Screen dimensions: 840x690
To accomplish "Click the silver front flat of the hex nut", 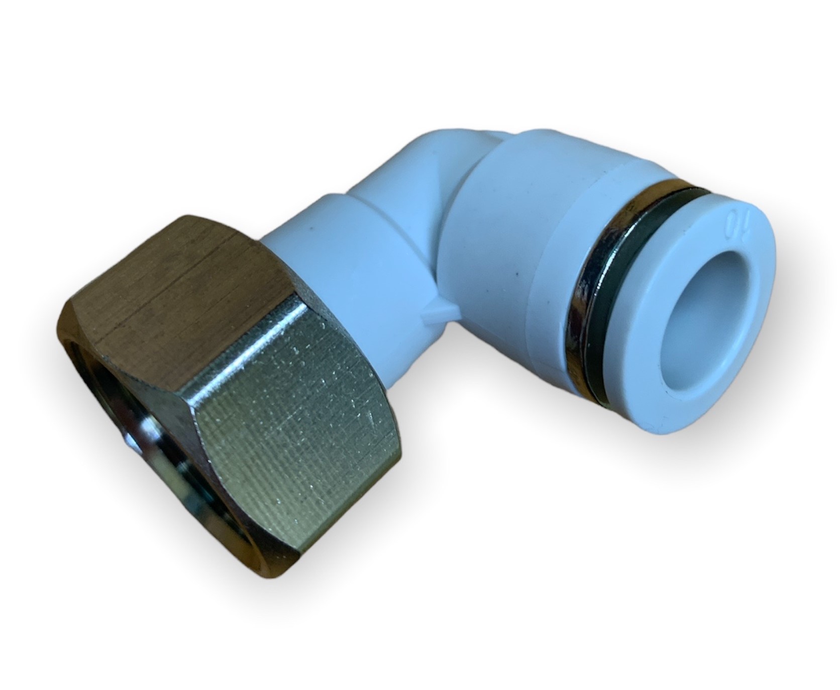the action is tap(291, 427).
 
